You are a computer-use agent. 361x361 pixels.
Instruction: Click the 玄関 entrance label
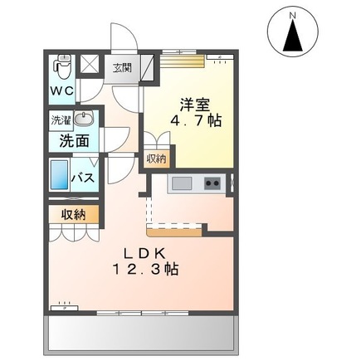point(122,67)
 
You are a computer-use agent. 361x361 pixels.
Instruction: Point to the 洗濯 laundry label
point(60,120)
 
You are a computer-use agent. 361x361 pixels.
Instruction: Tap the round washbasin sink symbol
point(80,120)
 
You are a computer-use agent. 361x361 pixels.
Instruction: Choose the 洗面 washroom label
point(72,141)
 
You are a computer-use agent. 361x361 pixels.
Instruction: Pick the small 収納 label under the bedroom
point(156,158)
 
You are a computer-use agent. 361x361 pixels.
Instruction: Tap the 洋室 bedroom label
point(196,105)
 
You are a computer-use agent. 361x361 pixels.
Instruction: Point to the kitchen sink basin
point(180,183)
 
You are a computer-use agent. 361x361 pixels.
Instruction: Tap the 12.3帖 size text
point(147,270)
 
